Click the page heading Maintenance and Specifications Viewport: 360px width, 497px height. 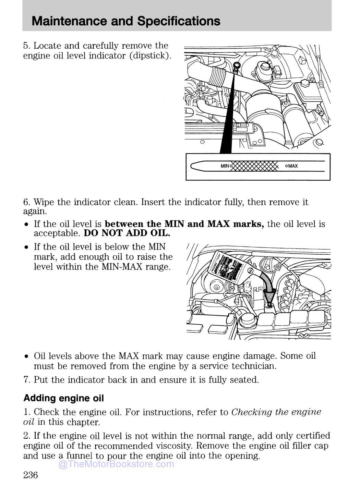point(126,21)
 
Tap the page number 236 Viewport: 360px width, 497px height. point(31,475)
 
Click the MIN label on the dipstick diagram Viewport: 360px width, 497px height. point(225,166)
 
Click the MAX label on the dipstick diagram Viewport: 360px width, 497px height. point(293,166)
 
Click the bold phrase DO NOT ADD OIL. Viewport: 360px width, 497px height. point(127,233)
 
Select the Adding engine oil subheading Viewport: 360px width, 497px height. point(63,398)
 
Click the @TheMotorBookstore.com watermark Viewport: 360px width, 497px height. point(116,464)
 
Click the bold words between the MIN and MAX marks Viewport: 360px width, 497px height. point(184,224)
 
